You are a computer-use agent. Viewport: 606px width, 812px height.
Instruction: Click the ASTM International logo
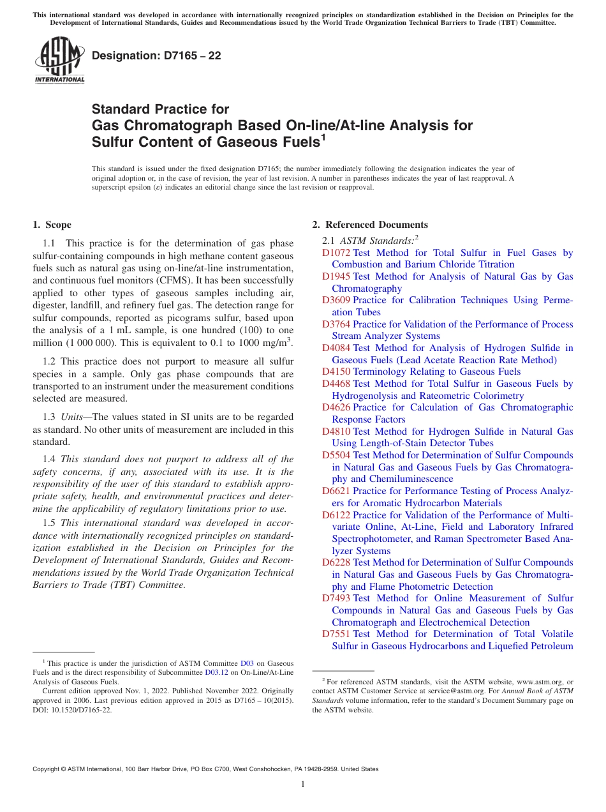(x=59, y=61)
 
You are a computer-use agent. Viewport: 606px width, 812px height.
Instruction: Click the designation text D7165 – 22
(x=156, y=56)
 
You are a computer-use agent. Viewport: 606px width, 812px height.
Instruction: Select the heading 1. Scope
(x=52, y=225)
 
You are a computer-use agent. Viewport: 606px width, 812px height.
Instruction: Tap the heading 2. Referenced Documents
(x=370, y=225)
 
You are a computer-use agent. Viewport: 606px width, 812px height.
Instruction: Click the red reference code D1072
(x=336, y=253)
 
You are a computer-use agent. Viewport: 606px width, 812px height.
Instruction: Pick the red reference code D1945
(x=336, y=276)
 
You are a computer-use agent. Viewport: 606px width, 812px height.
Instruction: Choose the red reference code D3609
(x=336, y=300)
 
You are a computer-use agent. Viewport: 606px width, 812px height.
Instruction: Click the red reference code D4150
(x=336, y=372)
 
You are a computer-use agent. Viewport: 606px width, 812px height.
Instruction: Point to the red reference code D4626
(x=336, y=407)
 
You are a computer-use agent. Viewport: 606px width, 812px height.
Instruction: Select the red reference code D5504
(x=336, y=455)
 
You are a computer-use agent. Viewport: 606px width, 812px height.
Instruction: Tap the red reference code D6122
(x=336, y=515)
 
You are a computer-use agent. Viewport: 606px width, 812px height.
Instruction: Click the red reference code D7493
(x=336, y=598)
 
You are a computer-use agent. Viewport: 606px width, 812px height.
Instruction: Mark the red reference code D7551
(x=336, y=634)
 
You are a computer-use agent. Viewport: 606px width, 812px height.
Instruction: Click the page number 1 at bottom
(x=303, y=785)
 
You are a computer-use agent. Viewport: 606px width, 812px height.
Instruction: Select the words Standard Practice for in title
(x=160, y=109)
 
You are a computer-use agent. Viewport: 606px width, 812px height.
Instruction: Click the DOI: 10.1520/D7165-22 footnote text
(x=72, y=709)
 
